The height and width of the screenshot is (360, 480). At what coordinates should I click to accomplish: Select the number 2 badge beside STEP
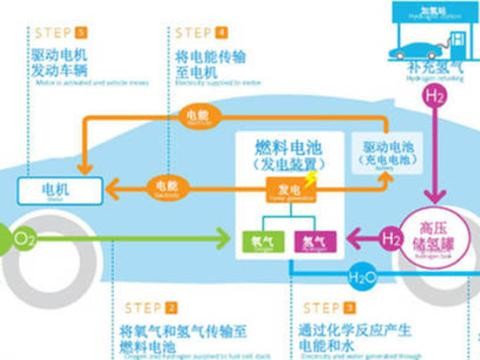172,307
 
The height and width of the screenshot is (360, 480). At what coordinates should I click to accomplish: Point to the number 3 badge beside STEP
349,307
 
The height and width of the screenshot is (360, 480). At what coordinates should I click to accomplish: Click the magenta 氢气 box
308,241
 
